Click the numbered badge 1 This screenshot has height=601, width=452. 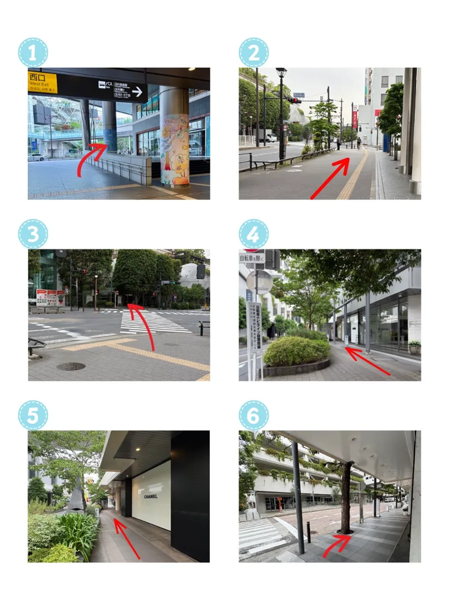[32, 53]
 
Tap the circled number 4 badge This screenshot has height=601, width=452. [253, 234]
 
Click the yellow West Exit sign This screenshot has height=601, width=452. [42, 82]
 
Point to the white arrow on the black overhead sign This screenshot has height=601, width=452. [137, 91]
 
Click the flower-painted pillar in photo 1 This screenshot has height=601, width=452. [175, 150]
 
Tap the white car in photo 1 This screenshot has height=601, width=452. [36, 157]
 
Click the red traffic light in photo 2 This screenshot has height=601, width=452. [296, 100]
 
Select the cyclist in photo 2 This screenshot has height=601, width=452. [359, 143]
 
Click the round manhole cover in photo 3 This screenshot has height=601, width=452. [71, 366]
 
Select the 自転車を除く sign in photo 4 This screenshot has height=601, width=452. [252, 258]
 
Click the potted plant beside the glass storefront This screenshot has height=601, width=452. [414, 347]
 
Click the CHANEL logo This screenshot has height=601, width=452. [151, 496]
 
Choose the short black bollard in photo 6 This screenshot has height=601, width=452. [308, 532]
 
